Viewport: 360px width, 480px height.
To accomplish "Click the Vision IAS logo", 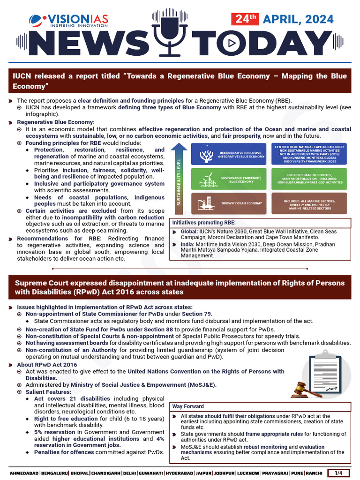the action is (68, 20).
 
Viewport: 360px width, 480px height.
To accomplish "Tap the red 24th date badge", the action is (245, 19).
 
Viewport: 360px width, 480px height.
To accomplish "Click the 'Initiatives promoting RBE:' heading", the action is (203, 222).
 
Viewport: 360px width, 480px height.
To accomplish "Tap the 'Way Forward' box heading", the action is (188, 406).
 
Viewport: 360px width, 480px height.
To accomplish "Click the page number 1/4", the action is (338, 473).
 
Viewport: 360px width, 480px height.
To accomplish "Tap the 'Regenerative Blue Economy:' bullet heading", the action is (56, 122).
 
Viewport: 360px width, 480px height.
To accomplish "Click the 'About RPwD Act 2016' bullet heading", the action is (47, 364).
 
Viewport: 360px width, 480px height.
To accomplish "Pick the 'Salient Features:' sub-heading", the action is (48, 391).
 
